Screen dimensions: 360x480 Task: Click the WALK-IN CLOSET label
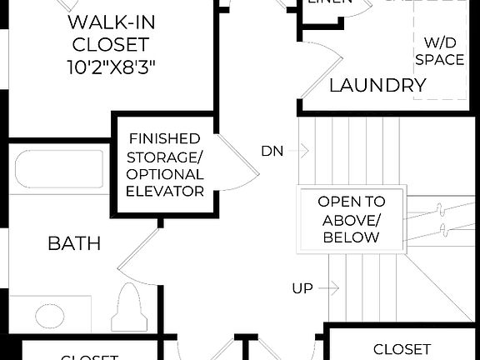click(110, 32)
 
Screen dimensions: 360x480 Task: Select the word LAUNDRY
click(377, 85)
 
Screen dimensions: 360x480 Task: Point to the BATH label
click(74, 243)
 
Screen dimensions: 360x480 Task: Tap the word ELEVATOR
click(164, 192)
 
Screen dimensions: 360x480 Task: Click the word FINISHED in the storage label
click(164, 138)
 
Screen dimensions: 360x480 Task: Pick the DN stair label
click(272, 151)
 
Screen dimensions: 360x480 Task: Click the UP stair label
click(302, 288)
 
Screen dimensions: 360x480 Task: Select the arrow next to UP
click(330, 288)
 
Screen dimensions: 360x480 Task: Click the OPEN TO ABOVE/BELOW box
click(352, 219)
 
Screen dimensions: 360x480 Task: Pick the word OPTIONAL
click(164, 174)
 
